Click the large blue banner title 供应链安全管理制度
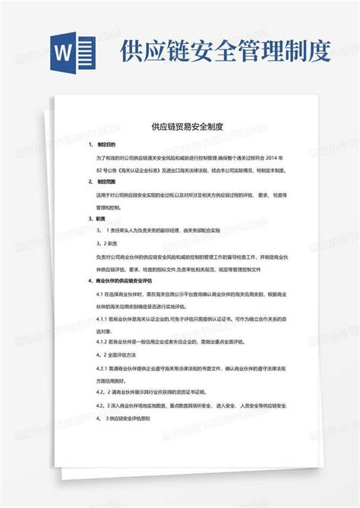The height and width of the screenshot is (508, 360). pos(225,52)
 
